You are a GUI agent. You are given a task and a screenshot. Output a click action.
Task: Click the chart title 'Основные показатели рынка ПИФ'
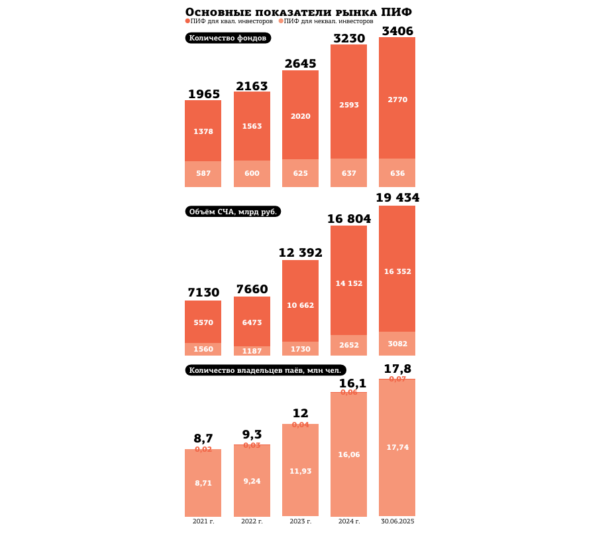pos(298,12)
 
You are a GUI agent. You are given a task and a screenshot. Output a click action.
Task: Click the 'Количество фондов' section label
pos(228,38)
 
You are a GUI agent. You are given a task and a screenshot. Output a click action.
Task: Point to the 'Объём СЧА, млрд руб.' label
pos(232,212)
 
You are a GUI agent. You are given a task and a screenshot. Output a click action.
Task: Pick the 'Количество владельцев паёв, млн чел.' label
pos(265,370)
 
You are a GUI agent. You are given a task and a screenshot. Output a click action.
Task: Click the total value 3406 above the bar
pos(397,31)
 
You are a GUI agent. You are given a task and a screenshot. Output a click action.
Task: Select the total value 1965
pos(203,94)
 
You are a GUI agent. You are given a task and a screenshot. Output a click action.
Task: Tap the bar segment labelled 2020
pos(300,116)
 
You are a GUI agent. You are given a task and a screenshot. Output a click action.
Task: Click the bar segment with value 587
pos(203,174)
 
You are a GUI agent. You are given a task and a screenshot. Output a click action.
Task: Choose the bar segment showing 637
pos(348,173)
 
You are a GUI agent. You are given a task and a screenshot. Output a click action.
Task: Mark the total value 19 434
pos(397,198)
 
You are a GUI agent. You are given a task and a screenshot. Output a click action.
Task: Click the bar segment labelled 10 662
pos(300,305)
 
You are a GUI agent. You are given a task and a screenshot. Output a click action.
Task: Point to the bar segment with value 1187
pos(252,351)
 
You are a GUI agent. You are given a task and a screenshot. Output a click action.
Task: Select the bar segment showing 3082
pos(397,344)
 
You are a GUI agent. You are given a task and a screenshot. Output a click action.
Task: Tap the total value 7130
pos(203,293)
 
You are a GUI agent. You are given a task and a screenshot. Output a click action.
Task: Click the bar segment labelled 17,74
pos(397,448)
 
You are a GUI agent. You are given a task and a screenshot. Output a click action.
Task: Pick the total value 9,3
pos(252,435)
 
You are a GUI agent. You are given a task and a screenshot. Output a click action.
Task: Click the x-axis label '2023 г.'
pos(300,521)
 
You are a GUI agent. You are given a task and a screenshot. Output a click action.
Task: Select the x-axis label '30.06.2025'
pos(397,521)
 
